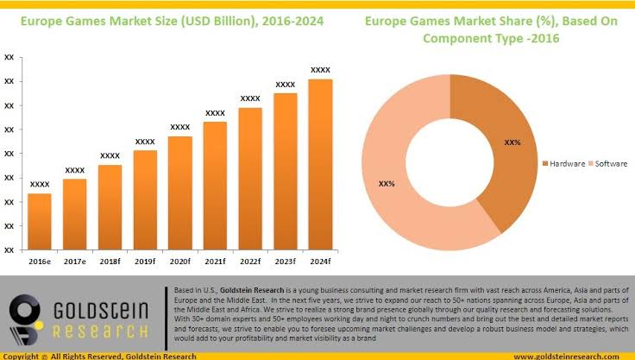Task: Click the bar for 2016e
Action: pyautogui.click(x=40, y=221)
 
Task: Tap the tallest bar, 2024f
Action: pyautogui.click(x=320, y=164)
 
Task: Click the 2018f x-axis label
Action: pyautogui.click(x=110, y=260)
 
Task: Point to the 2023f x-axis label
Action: pyautogui.click(x=286, y=260)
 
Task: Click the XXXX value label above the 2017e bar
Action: pyautogui.click(x=75, y=170)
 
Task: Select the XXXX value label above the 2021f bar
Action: pyautogui.click(x=215, y=113)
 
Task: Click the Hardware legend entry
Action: pyautogui.click(x=565, y=163)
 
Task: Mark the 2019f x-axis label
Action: pyautogui.click(x=145, y=260)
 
